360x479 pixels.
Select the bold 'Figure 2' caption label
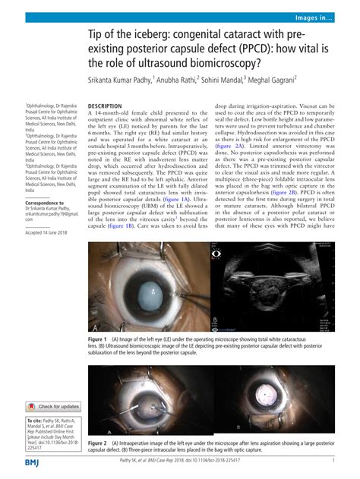tap(97, 442)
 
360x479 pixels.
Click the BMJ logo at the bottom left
tap(33, 462)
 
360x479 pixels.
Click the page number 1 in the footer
tap(334, 461)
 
